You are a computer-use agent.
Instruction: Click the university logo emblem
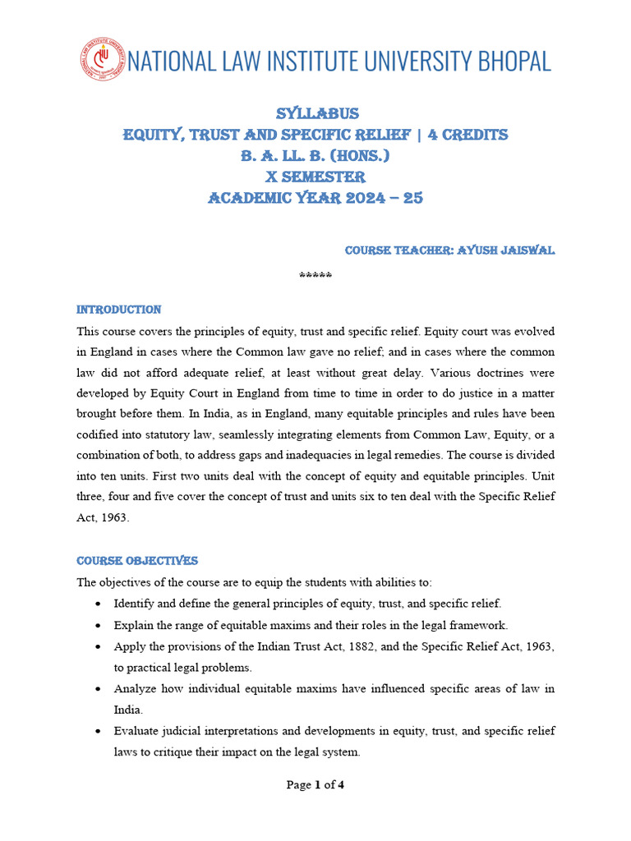pyautogui.click(x=102, y=59)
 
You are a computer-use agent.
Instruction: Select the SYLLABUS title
pyautogui.click(x=315, y=113)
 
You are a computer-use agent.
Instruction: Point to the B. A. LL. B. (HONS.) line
pyautogui.click(x=315, y=156)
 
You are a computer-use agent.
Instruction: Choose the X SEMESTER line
pyautogui.click(x=315, y=177)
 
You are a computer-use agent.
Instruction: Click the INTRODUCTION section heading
pyautogui.click(x=119, y=310)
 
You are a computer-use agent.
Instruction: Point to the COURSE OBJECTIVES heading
pyautogui.click(x=137, y=561)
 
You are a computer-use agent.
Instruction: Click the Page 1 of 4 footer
pyautogui.click(x=315, y=785)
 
